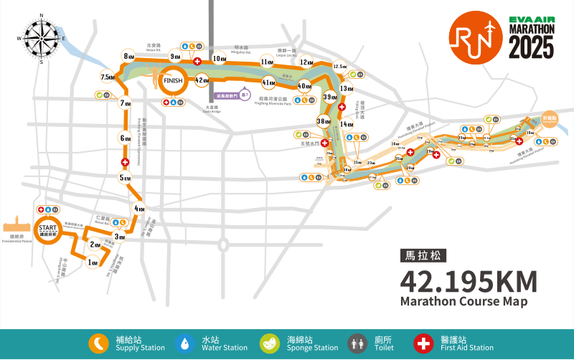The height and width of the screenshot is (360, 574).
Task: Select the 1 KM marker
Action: pyautogui.click(x=93, y=263)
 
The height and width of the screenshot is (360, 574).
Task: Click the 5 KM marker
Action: pyautogui.click(x=126, y=178)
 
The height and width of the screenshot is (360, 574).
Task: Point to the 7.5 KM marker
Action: pyautogui.click(x=108, y=77)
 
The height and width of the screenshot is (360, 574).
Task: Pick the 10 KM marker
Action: pyautogui.click(x=220, y=59)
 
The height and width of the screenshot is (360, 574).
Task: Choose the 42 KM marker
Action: pyautogui.click(x=202, y=80)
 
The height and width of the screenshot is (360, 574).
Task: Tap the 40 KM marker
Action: pyautogui.click(x=305, y=86)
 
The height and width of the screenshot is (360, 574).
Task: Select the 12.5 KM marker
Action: pyautogui.click(x=340, y=67)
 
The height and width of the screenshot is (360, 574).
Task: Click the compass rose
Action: pyautogui.click(x=42, y=38)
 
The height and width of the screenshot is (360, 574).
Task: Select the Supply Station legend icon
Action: pyautogui.click(x=98, y=344)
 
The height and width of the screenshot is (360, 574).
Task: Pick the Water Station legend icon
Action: pyautogui.click(x=186, y=344)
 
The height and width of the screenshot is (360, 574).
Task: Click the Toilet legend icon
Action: pyautogui.click(x=357, y=344)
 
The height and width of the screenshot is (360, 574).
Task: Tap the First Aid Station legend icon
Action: pyautogui.click(x=424, y=344)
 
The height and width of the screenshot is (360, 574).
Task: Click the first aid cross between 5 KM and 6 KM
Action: pyautogui.click(x=126, y=164)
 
